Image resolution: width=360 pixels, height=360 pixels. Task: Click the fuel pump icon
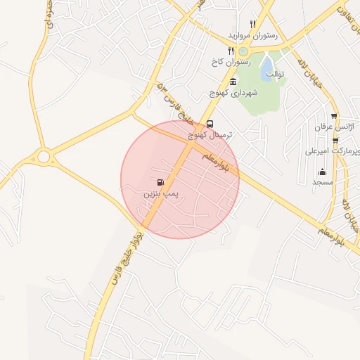162,182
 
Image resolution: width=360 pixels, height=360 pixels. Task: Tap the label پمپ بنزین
162,193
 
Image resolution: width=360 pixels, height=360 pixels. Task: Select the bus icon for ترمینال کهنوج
210,124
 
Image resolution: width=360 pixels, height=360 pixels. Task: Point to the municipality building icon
233,83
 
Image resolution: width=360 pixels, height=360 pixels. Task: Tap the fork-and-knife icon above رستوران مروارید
252,24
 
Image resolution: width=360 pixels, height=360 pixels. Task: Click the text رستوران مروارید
252,34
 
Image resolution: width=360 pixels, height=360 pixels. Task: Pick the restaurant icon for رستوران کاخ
231,51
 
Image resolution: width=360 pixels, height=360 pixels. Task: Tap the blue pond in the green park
268,66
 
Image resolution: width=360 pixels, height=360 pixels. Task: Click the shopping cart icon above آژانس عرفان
334,116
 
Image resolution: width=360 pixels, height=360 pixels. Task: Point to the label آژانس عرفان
335,127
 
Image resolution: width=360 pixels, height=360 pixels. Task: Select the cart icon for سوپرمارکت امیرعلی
335,141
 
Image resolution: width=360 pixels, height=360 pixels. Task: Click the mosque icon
322,172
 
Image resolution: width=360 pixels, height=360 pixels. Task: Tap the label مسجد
323,182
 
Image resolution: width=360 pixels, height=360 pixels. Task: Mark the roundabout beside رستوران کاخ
243,51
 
